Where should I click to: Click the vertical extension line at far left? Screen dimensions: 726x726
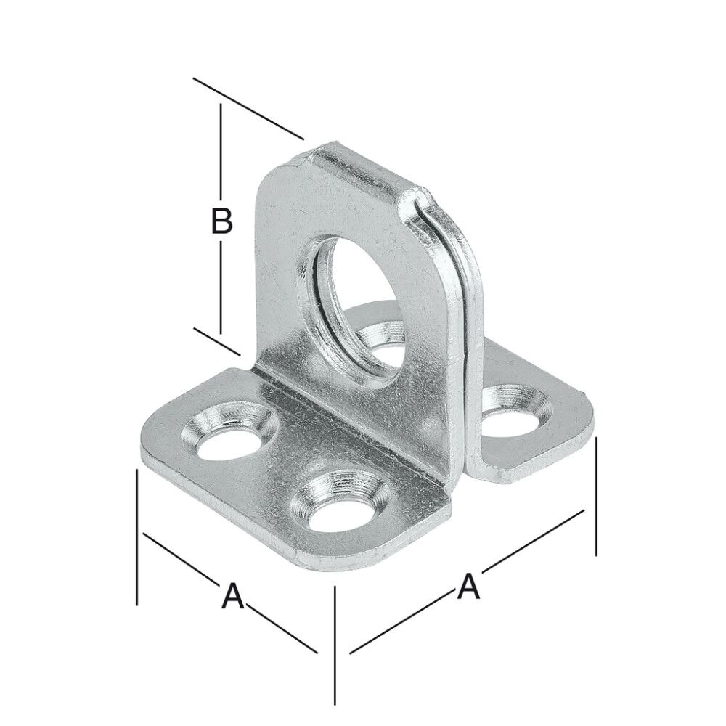click(x=137, y=537)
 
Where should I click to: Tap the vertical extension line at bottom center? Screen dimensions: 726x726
click(x=335, y=646)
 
